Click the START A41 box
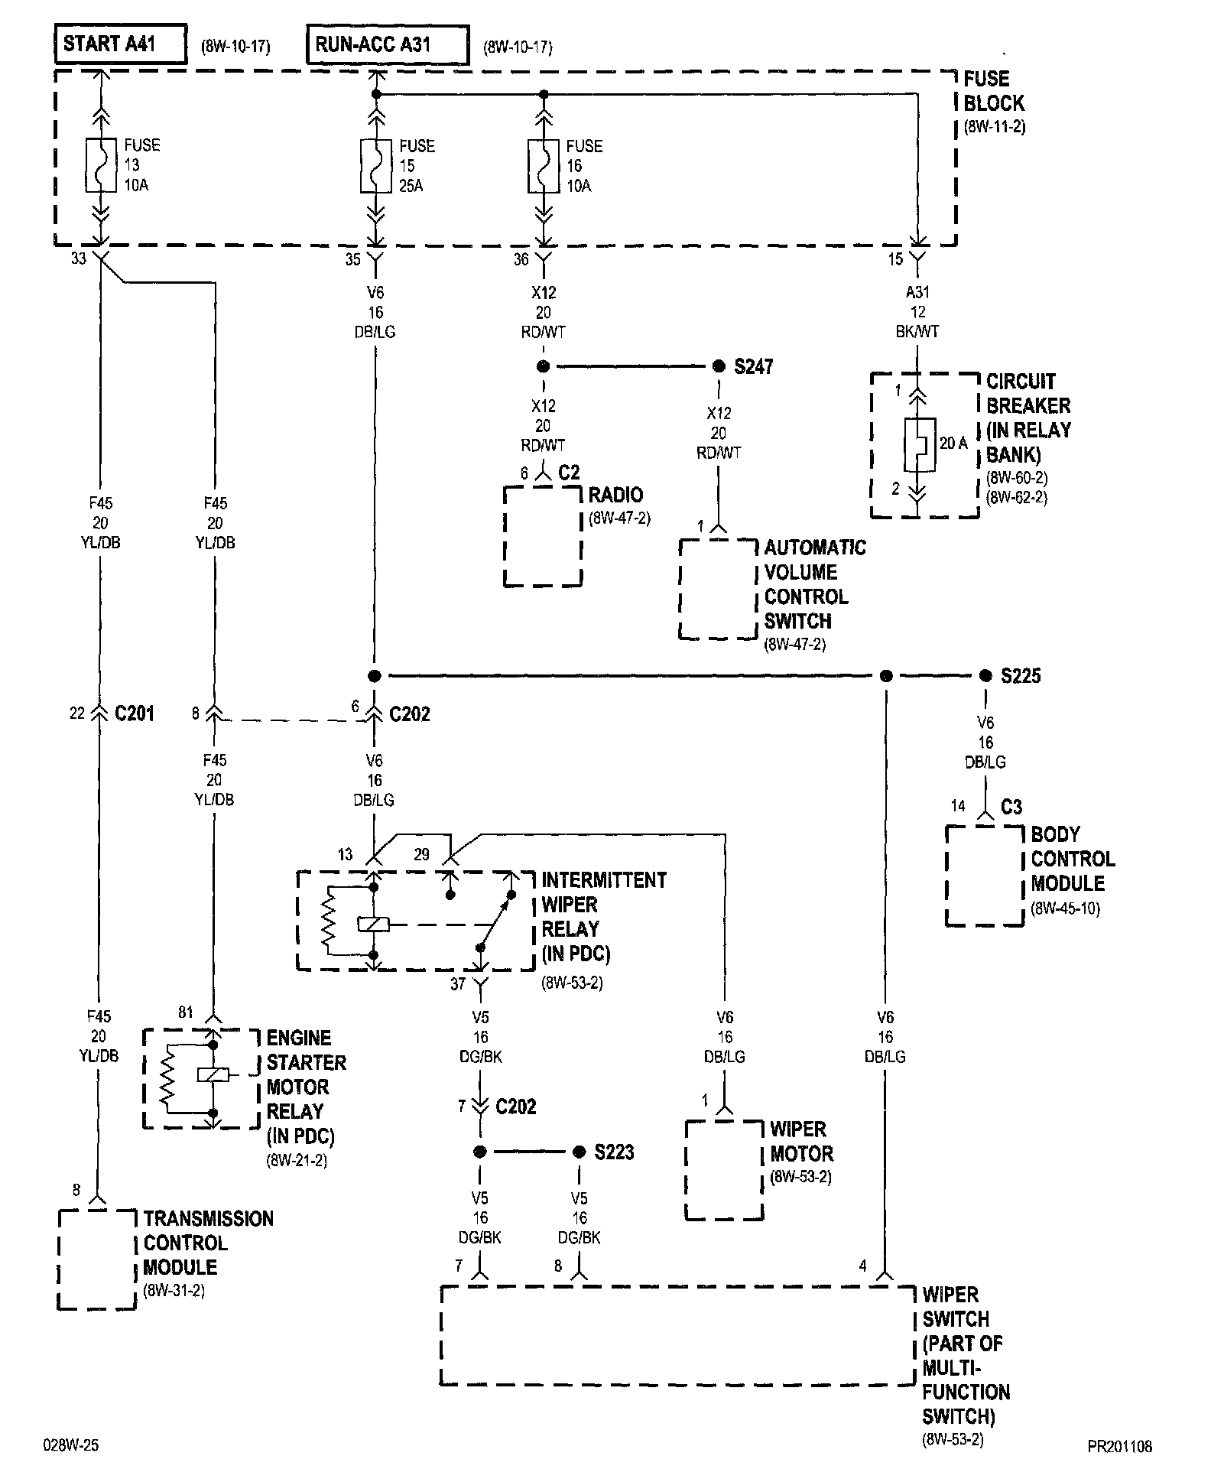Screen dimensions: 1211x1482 pos(121,44)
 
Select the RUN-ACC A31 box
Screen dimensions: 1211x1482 pos(388,44)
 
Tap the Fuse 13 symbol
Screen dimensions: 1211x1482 pos(99,165)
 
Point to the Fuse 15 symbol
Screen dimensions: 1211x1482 pos(375,165)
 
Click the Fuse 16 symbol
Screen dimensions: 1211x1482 pos(543,165)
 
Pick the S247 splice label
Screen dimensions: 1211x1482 pos(754,367)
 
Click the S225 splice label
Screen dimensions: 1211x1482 pos(1021,676)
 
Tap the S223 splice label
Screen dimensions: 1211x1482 pos(615,1152)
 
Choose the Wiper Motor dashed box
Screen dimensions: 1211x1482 pos(724,1170)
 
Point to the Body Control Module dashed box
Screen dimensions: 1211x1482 pos(985,876)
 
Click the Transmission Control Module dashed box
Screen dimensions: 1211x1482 pos(97,1259)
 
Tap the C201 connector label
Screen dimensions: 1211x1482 pos(135,713)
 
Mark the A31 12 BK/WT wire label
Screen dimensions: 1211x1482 pos(917,312)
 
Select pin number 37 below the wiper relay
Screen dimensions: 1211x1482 pos(458,984)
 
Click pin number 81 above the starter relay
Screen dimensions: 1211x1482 pos(186,1012)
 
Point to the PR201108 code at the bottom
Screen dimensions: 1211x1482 pos(1120,1446)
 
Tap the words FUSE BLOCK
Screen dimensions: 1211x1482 pos(994,91)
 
